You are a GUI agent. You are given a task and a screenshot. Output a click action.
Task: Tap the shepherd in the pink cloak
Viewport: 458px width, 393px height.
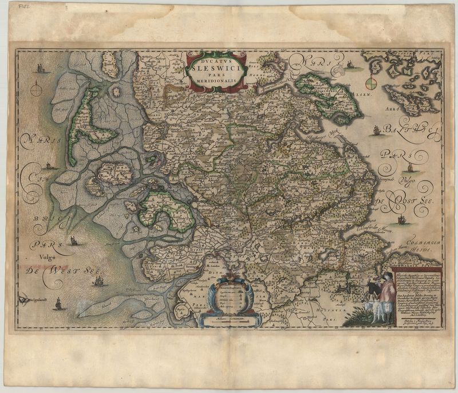point(387,296)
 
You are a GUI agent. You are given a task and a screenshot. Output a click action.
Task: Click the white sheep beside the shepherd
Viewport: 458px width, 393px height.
point(376,313)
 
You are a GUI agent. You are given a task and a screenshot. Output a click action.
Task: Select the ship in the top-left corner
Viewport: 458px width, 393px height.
point(40,68)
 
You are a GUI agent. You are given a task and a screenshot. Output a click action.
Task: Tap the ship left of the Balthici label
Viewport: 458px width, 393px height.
point(376,130)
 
